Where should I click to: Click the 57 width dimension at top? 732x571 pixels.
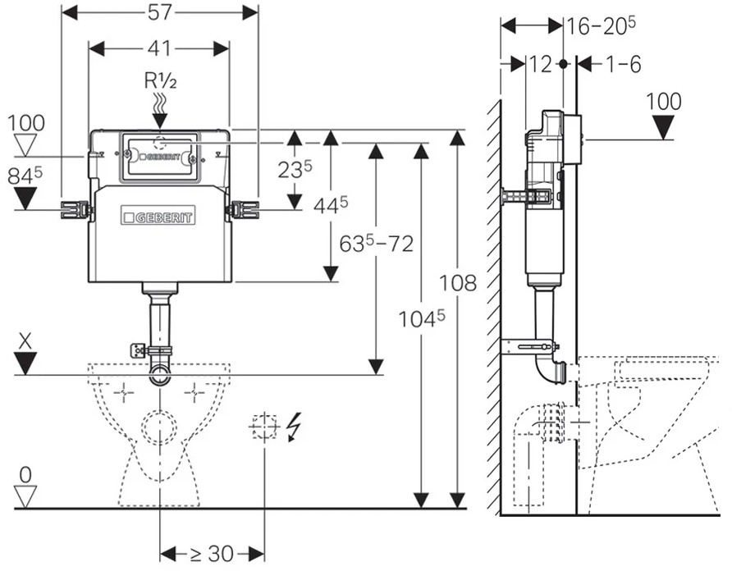point(160,12)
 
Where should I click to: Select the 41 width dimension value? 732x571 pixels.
point(159,48)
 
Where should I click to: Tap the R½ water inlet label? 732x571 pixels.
point(160,82)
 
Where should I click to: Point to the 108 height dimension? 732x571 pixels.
point(458,283)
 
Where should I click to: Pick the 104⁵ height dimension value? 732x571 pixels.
point(422,319)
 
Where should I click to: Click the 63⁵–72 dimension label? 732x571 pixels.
point(377,243)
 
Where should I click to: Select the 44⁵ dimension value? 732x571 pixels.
point(330,205)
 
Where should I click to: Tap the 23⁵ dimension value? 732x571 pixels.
point(295,170)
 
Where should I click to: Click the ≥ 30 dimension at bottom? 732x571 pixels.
point(213,555)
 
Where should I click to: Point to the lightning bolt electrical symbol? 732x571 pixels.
point(294,427)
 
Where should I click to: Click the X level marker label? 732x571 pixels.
point(25,341)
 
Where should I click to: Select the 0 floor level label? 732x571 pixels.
point(25,475)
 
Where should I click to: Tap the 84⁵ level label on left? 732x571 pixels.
point(25,177)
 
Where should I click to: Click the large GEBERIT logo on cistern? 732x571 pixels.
point(158,216)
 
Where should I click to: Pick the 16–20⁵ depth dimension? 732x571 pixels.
point(601,26)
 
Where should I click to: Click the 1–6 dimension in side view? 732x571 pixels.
point(623,65)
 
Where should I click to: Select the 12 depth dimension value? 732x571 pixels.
point(541,65)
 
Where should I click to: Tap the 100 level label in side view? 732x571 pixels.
point(664,101)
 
